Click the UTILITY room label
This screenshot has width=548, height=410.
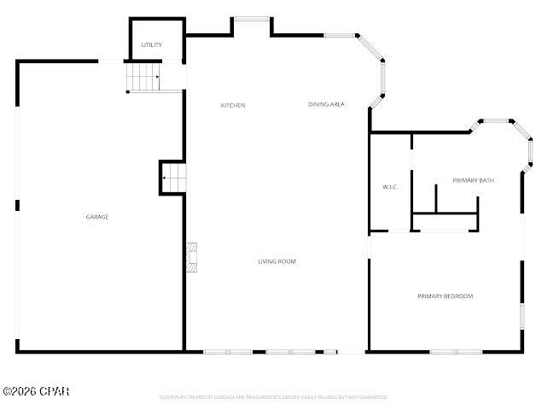[x=151, y=45]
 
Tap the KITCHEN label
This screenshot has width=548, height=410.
[x=233, y=105]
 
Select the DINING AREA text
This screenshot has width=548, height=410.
[x=326, y=104]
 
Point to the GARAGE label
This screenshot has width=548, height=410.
[x=97, y=217]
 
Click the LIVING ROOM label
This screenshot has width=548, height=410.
[x=277, y=261]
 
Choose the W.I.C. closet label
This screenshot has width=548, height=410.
[x=390, y=186]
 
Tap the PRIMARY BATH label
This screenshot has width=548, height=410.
[x=473, y=180]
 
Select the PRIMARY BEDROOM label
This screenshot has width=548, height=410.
[x=445, y=296]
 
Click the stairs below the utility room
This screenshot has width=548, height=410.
[x=143, y=79]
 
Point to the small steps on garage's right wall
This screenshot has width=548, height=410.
[x=173, y=179]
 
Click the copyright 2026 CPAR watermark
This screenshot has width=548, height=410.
[x=36, y=391]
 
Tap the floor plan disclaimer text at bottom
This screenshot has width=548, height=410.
[x=273, y=397]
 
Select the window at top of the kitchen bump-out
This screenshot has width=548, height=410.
[x=253, y=18]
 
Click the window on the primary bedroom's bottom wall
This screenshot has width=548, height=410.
[x=454, y=351]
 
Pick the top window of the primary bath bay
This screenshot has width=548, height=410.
[x=496, y=121]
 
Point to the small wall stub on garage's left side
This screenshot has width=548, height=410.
[x=17, y=205]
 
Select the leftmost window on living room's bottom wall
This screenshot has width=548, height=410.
[x=227, y=351]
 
